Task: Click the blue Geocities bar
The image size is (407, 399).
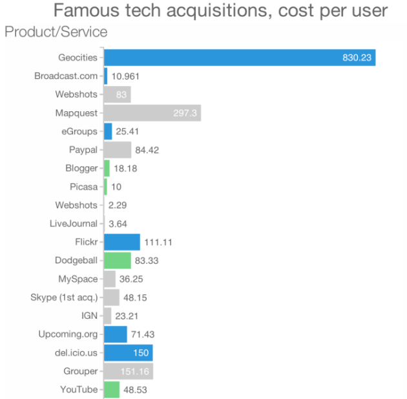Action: click(239, 58)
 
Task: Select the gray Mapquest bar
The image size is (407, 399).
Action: click(152, 113)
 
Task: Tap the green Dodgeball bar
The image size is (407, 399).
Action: click(118, 261)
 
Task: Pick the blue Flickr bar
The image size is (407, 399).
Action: click(122, 242)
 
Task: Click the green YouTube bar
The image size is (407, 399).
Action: click(112, 389)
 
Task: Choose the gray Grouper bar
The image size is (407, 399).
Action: click(129, 371)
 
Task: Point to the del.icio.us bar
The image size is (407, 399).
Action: click(129, 353)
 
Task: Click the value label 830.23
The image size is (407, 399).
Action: click(357, 58)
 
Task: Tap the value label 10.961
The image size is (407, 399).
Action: click(125, 76)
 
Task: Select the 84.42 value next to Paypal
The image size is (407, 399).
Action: click(147, 150)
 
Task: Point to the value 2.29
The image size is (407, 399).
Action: click(116, 205)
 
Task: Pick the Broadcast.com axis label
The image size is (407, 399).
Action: click(66, 76)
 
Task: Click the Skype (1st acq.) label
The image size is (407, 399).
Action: click(64, 297)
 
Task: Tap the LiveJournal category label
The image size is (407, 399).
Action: click(74, 224)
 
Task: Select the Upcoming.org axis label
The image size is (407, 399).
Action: click(68, 334)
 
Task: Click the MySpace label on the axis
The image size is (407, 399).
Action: click(78, 279)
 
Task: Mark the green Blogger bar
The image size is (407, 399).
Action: click(107, 168)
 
